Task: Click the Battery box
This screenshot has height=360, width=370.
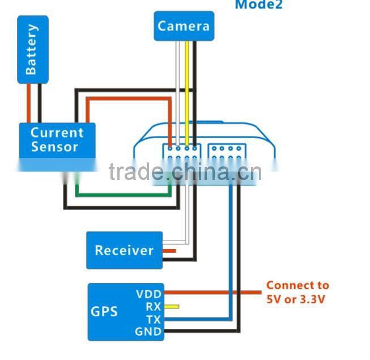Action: click(x=32, y=49)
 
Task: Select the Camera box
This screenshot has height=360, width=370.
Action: click(x=184, y=26)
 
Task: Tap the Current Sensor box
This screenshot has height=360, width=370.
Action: click(x=57, y=140)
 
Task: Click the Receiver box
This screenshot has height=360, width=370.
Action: click(x=124, y=250)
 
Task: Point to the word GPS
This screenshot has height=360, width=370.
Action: click(x=104, y=312)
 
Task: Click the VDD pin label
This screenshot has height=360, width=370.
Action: click(x=148, y=294)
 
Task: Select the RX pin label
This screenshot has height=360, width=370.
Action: click(x=153, y=307)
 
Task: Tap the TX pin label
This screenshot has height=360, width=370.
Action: click(x=153, y=319)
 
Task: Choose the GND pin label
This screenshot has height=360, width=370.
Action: click(x=148, y=332)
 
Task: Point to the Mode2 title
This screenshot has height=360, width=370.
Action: click(x=258, y=5)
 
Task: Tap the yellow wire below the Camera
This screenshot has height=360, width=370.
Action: click(x=186, y=91)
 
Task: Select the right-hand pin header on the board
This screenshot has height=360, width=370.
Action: click(x=227, y=155)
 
